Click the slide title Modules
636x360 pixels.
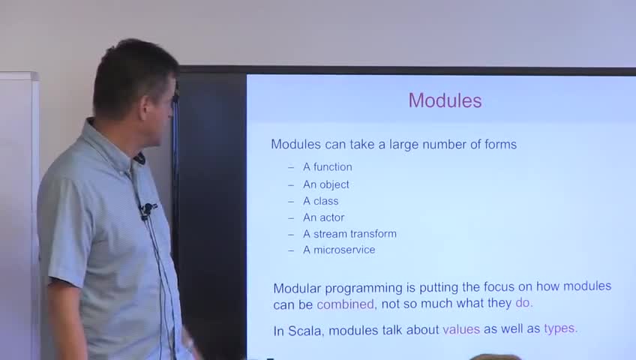point(445,100)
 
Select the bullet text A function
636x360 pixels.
point(328,167)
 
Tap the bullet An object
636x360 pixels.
point(326,184)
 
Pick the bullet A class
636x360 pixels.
point(320,201)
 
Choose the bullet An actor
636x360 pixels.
point(324,217)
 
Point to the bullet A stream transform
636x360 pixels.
point(349,234)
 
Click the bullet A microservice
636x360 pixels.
point(339,250)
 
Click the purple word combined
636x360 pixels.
point(345,304)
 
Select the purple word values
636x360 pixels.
point(461,329)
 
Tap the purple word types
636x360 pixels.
point(559,328)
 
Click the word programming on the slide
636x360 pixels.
point(364,289)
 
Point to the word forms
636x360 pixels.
point(500,144)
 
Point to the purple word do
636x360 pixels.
point(523,303)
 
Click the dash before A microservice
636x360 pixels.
point(291,250)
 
